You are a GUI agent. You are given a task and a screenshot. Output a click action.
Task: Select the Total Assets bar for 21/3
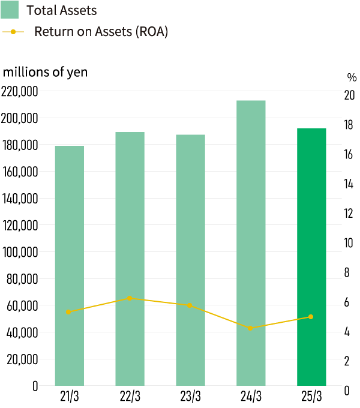coord(70,264)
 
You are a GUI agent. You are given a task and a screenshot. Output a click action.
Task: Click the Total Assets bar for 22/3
coord(130,258)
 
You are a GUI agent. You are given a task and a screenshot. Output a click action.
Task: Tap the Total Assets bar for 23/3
coord(191,259)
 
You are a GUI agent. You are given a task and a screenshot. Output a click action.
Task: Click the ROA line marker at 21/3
coord(68,311)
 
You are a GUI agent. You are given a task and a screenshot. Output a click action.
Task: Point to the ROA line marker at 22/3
coord(129,298)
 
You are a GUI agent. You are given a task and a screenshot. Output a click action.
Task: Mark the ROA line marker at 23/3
coord(190,305)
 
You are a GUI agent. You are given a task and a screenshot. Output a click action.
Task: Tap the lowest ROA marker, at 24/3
coord(250,328)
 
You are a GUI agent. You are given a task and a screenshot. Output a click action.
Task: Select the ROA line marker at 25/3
coord(311,316)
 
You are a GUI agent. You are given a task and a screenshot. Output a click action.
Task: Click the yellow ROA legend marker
coord(13,32)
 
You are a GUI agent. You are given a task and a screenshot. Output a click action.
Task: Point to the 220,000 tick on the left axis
coord(20,91)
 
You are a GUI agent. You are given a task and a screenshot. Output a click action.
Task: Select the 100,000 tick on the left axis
coord(20,252)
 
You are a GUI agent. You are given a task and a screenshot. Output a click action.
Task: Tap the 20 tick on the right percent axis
coord(349,95)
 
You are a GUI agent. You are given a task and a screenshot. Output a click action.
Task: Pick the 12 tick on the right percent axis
coord(349,214)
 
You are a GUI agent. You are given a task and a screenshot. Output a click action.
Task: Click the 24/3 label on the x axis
coord(251,397)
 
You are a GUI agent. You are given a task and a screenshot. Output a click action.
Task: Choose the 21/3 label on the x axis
coord(70,397)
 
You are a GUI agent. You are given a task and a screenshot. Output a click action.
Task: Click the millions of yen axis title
coord(45,72)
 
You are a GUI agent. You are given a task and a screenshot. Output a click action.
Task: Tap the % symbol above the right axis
coord(352,77)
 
